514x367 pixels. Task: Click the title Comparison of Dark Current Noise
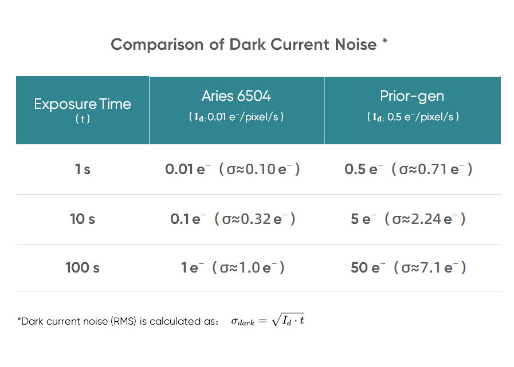click(x=244, y=45)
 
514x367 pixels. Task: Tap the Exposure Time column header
click(x=83, y=104)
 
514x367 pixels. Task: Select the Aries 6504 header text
click(x=236, y=96)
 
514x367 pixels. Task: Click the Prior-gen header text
click(x=412, y=96)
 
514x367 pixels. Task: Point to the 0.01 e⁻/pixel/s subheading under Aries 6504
click(x=236, y=117)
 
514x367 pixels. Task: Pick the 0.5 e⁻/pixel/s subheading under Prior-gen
click(x=413, y=117)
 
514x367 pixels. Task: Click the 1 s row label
click(x=83, y=169)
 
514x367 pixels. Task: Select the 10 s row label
click(x=83, y=219)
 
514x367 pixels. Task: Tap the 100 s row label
click(x=83, y=267)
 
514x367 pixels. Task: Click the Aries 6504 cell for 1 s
click(x=233, y=169)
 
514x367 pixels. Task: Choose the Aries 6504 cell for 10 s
click(x=233, y=219)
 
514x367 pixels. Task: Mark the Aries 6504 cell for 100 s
click(x=233, y=267)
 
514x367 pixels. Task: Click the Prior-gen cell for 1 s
click(x=409, y=169)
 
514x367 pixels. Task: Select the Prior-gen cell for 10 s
click(x=409, y=219)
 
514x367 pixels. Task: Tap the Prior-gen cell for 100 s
click(x=409, y=267)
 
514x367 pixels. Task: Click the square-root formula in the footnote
click(x=268, y=321)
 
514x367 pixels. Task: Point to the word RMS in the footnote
click(x=125, y=321)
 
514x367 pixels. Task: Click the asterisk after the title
click(x=384, y=42)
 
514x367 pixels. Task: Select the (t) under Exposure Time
click(x=83, y=119)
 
